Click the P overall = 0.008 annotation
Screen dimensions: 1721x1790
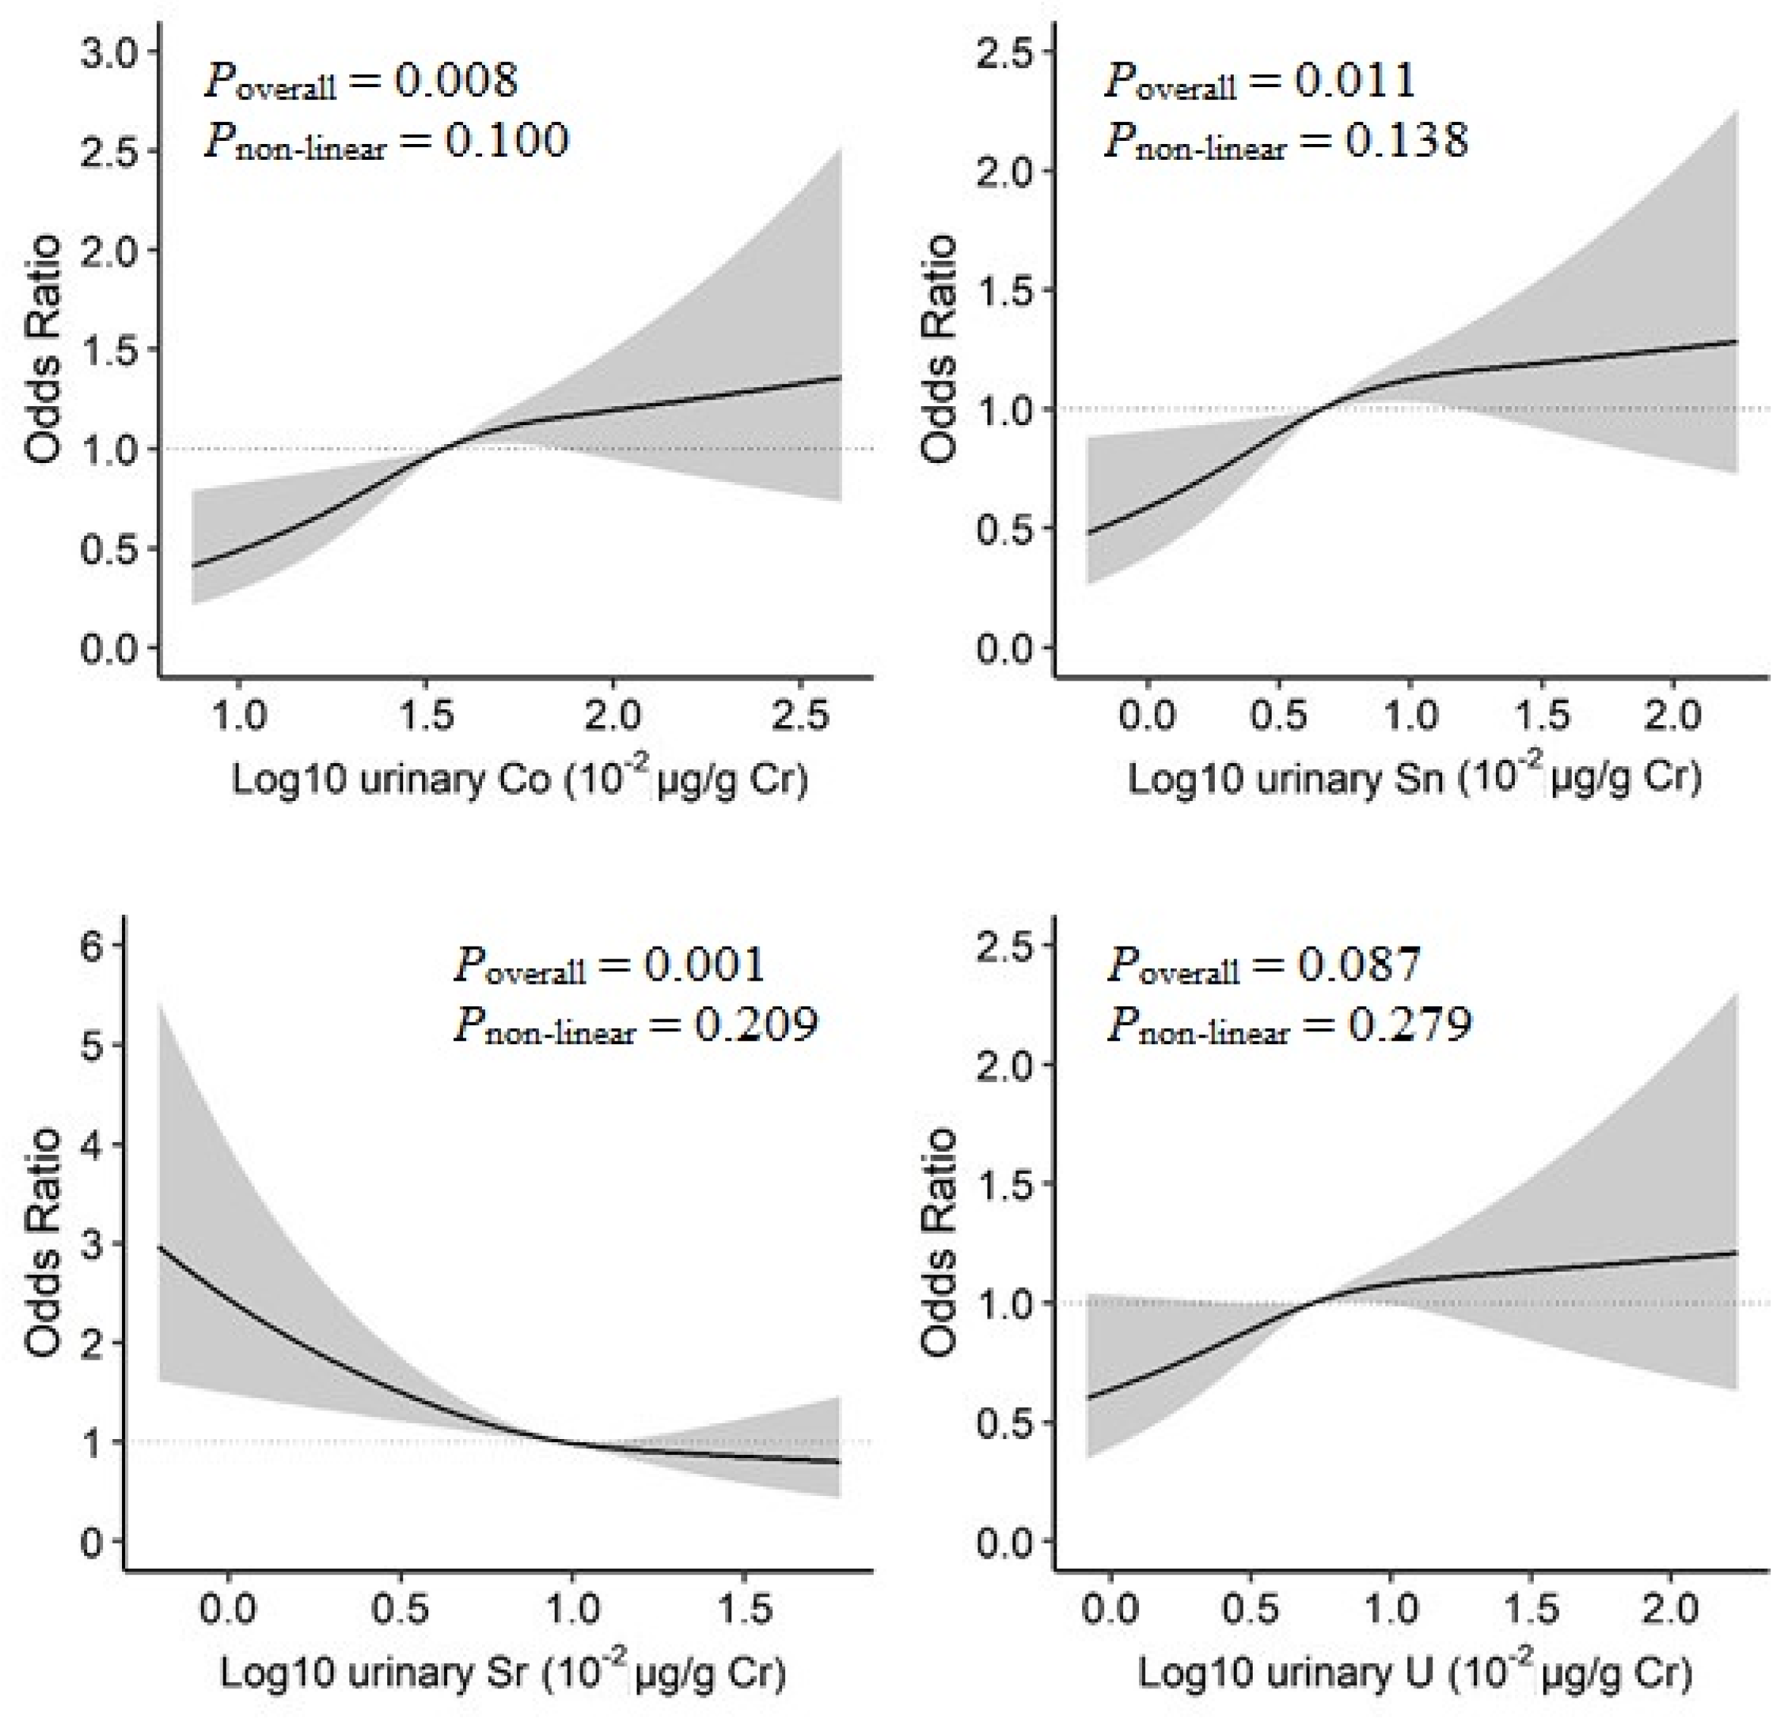tap(361, 81)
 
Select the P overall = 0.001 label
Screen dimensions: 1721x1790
tap(609, 965)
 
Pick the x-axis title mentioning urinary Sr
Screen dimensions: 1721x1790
tap(502, 1672)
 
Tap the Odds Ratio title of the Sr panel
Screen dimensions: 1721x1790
tap(44, 1242)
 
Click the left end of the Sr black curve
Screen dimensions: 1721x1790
tap(160, 1247)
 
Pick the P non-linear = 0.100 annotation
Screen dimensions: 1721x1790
tap(386, 142)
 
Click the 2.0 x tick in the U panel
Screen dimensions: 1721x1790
tap(1670, 1610)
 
